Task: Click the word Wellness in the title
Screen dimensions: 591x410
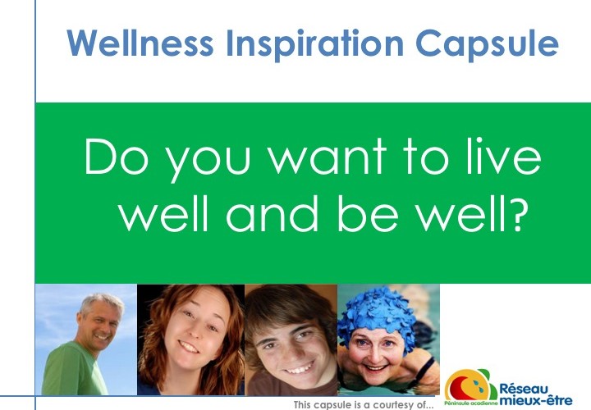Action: point(140,43)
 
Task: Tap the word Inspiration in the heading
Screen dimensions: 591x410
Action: point(314,45)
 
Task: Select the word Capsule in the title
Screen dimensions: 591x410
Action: point(487,45)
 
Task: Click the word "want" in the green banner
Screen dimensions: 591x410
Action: point(328,157)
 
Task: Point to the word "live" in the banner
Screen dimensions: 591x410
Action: point(503,156)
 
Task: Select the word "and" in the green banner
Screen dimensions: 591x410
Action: point(273,212)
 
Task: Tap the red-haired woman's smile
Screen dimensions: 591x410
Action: point(188,347)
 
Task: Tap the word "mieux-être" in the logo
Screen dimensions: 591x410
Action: point(535,400)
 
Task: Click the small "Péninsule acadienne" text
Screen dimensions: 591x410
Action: point(471,403)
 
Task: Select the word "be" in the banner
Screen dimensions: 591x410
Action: point(368,212)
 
